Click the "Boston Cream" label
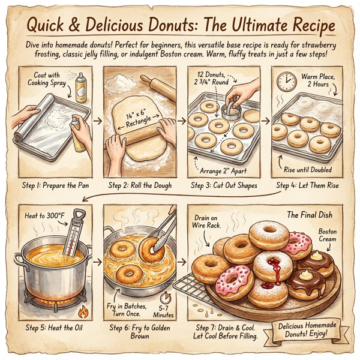328,236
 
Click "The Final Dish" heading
309,214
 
